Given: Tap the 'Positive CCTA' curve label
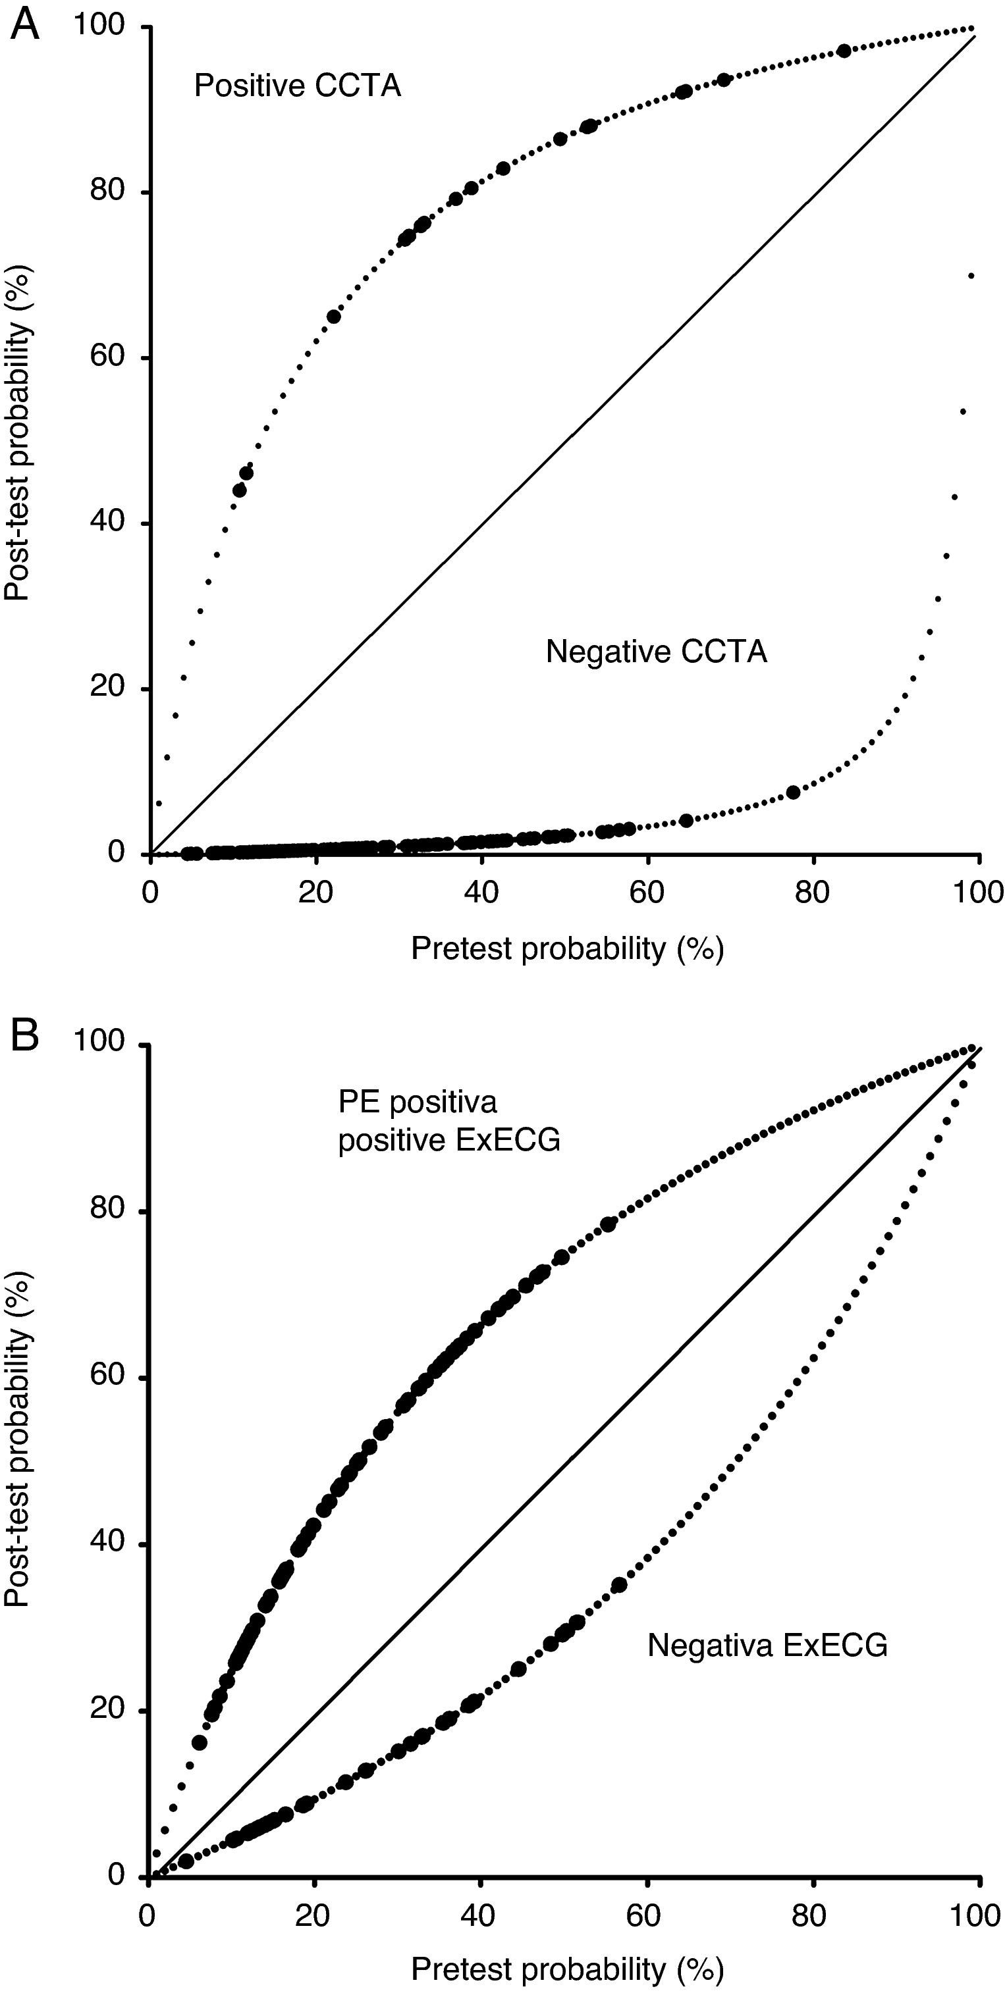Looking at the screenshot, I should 298,85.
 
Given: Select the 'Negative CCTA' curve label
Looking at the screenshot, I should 657,652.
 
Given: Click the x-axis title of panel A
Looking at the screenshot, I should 567,948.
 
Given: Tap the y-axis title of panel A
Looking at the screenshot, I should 18,434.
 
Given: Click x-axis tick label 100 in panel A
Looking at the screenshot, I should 978,893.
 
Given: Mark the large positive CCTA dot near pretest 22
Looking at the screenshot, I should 333,317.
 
